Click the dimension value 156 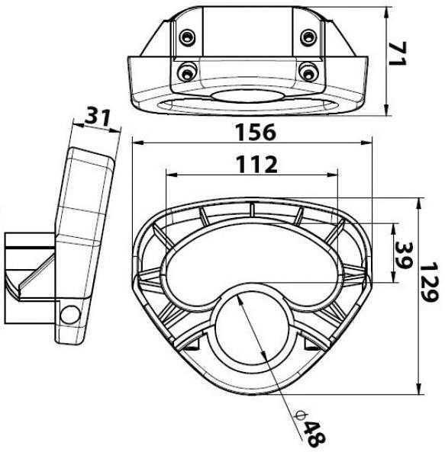[256, 133]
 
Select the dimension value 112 [256, 165]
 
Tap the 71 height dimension [398, 53]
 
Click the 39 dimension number [404, 255]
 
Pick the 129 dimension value [429, 282]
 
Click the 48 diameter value [314, 434]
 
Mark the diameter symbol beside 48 [301, 415]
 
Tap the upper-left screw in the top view [187, 37]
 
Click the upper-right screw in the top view [308, 37]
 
